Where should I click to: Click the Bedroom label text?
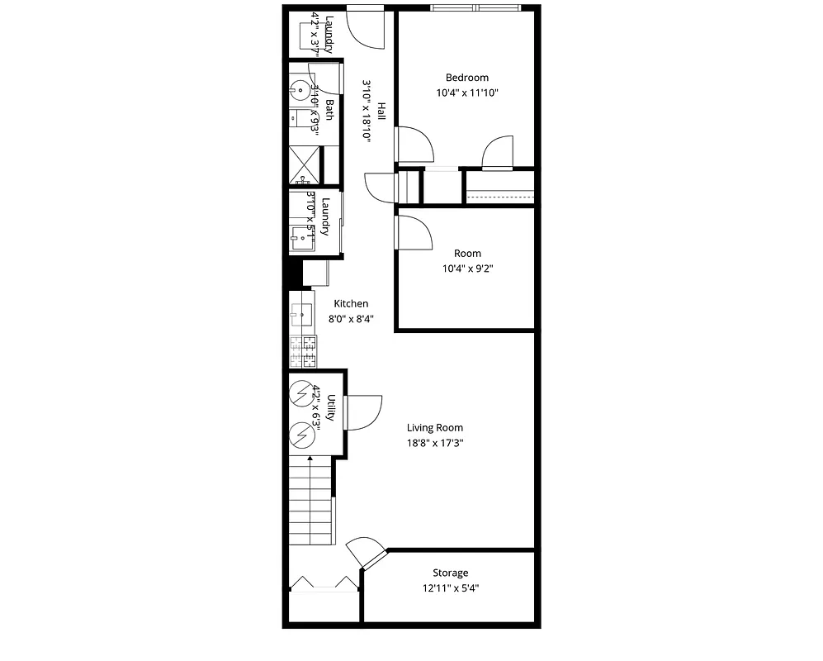tap(466, 78)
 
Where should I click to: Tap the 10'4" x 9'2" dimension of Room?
tap(467, 268)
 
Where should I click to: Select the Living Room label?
tap(434, 428)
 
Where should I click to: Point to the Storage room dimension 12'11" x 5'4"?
tap(451, 588)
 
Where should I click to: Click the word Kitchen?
tap(351, 304)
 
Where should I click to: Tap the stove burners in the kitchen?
tap(303, 351)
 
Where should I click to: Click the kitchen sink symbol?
tap(301, 314)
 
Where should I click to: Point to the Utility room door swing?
tap(364, 412)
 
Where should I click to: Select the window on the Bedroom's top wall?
tap(475, 8)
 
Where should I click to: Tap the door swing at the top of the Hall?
tap(365, 29)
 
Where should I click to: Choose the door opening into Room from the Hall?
tap(414, 232)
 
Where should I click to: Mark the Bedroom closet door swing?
tap(498, 154)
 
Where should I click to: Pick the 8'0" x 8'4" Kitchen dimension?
tap(351, 318)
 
